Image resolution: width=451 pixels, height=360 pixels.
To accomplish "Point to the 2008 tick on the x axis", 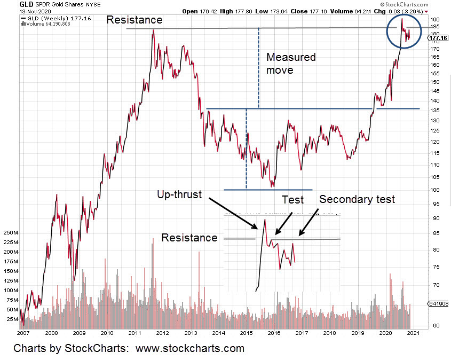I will pyautogui.click(x=51, y=333).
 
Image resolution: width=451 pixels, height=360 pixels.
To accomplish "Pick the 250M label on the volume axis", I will pyautogui.click(x=11, y=233).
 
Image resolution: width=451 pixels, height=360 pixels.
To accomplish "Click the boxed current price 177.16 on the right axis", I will pyautogui.click(x=439, y=38).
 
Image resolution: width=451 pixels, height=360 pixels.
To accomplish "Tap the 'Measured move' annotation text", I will pyautogui.click(x=291, y=63).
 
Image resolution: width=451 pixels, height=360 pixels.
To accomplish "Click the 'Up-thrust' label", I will pyautogui.click(x=179, y=194).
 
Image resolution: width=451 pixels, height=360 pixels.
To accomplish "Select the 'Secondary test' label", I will pyautogui.click(x=357, y=199).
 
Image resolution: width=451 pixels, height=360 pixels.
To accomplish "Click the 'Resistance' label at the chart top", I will pyautogui.click(x=134, y=20).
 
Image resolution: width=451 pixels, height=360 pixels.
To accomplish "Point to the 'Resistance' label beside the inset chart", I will pyautogui.click(x=189, y=238).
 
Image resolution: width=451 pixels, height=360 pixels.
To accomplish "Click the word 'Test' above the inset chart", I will pyautogui.click(x=292, y=200).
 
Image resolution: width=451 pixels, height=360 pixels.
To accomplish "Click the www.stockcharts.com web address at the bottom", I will pyautogui.click(x=190, y=349).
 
